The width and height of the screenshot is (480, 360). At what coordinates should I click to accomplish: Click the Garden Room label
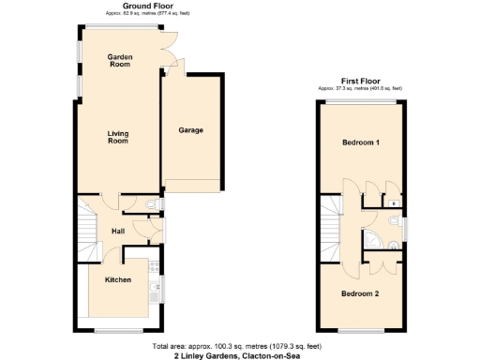pos(119,62)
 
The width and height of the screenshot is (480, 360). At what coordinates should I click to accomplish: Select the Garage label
pos(190,130)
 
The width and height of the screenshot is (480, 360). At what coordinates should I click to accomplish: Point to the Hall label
pos(119,232)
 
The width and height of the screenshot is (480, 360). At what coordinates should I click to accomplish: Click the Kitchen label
pos(117,280)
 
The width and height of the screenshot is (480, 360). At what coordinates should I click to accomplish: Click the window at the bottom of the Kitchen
pos(119,331)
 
